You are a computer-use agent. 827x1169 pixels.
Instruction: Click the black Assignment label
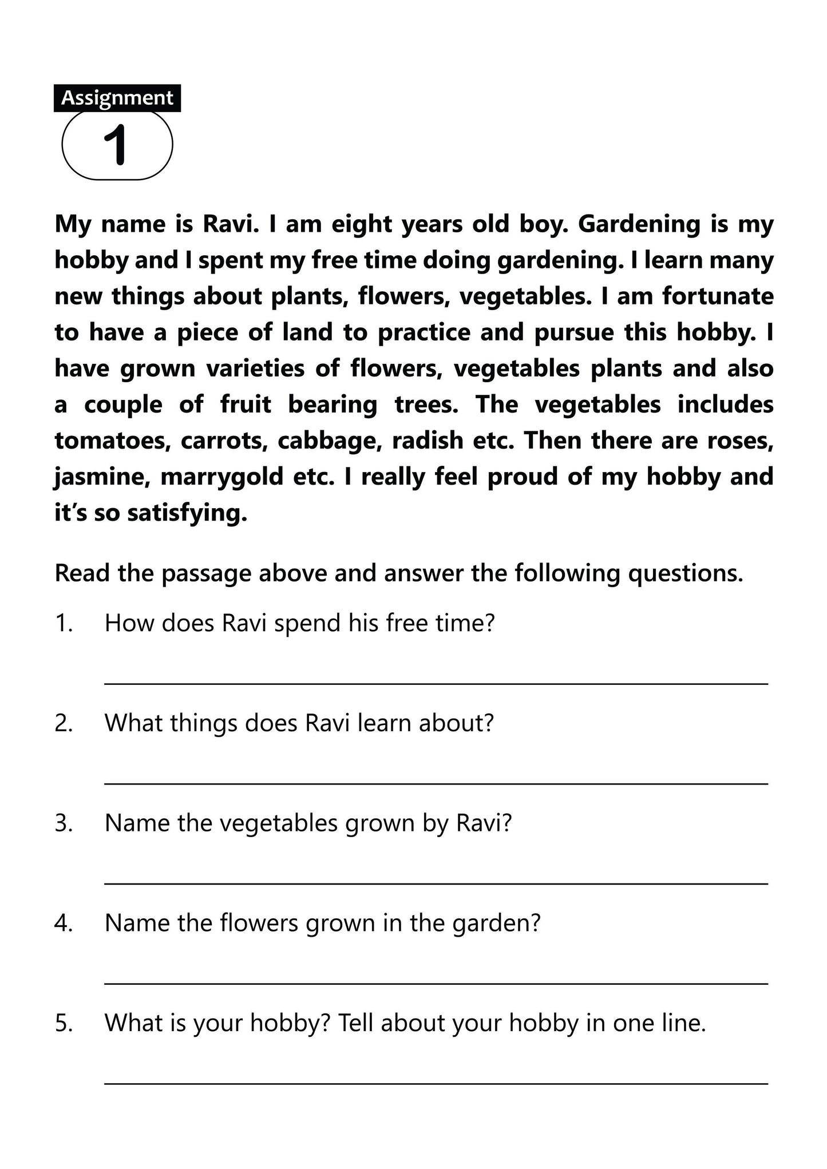[x=117, y=98]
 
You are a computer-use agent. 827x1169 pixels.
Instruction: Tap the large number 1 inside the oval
[x=116, y=145]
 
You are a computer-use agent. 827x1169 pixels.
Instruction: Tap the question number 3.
[x=64, y=823]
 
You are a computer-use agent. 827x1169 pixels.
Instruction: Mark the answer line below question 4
[x=436, y=984]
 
